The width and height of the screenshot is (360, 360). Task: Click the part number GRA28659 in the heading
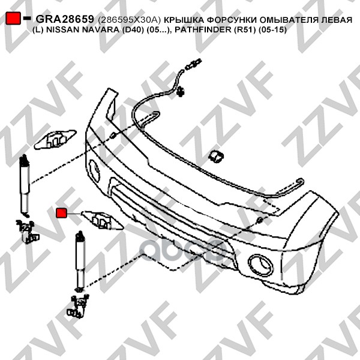pyautogui.click(x=65, y=19)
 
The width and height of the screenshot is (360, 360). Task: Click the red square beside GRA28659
pyautogui.click(x=13, y=18)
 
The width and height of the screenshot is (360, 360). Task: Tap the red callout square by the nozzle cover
pyautogui.click(x=61, y=213)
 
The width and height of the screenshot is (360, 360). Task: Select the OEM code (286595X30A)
pyautogui.click(x=129, y=20)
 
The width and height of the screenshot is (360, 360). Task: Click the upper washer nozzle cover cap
pyautogui.click(x=55, y=139)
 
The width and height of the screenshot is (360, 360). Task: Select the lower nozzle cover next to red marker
pyautogui.click(x=103, y=220)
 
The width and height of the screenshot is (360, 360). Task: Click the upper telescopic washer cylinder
pyautogui.click(x=25, y=185)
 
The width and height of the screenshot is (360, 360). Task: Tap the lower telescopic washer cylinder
pyautogui.click(x=80, y=261)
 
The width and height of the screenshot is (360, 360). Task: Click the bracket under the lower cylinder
pyautogui.click(x=78, y=306)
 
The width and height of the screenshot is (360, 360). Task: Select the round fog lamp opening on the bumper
pyautogui.click(x=260, y=265)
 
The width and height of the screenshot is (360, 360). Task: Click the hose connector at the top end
pyautogui.click(x=193, y=64)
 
